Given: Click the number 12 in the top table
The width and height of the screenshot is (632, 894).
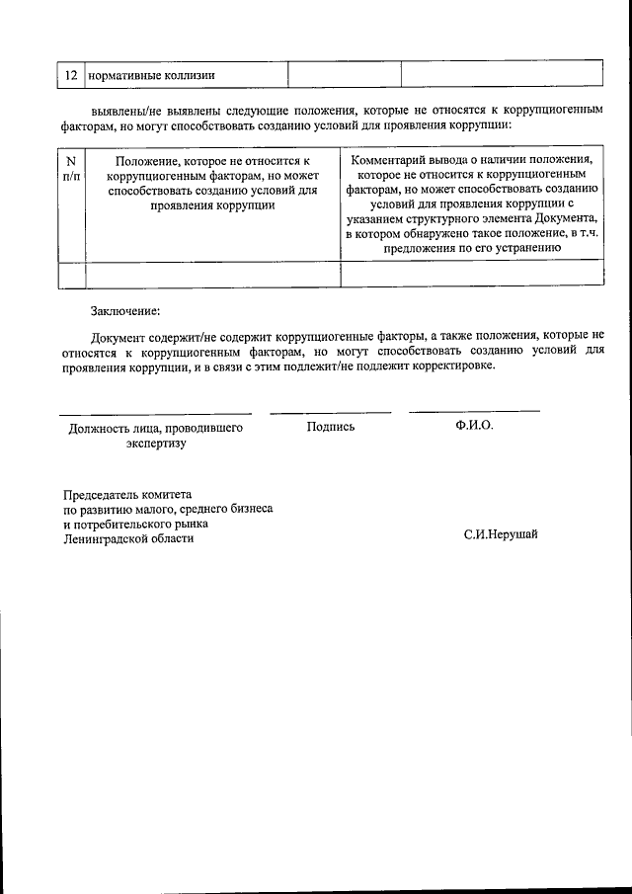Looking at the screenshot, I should [70, 75].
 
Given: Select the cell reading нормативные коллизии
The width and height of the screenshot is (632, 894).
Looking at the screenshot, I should [152, 75].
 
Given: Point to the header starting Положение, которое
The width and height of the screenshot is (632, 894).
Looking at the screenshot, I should [212, 183].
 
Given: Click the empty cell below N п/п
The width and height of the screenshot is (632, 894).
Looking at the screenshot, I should [70, 274].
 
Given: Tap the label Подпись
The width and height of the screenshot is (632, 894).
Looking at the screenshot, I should [331, 427].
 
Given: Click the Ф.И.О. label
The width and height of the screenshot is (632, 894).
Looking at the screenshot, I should [474, 426].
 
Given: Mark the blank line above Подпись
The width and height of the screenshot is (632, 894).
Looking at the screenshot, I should [331, 412].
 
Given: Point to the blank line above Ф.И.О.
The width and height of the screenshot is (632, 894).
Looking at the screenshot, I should [474, 411].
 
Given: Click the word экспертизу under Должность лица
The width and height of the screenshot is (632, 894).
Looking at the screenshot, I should [156, 444].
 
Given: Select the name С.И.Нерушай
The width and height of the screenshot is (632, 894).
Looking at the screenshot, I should [501, 535].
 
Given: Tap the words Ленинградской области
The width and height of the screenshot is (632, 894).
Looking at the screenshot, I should [128, 539].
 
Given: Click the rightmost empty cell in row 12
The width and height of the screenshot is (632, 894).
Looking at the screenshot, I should [501, 75].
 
